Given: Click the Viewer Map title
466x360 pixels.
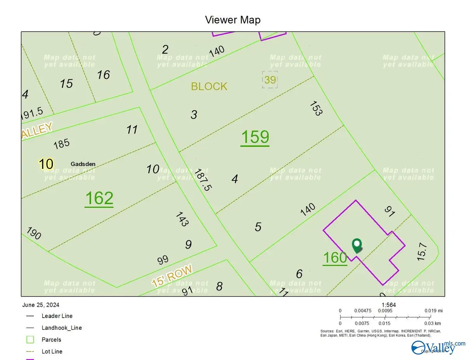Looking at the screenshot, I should click(x=233, y=20).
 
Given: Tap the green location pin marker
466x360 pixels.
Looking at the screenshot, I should click(x=357, y=245).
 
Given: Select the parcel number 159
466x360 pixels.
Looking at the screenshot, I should click(x=255, y=137).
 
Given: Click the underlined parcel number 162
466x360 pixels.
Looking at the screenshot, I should click(x=99, y=198).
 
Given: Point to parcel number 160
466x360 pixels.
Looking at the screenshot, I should click(x=335, y=257).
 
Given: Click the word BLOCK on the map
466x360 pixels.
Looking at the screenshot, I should click(x=209, y=86).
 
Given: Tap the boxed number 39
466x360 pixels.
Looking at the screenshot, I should click(x=270, y=80).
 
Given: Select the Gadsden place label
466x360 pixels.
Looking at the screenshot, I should click(x=83, y=164).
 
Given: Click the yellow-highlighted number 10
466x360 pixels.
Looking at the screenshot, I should click(x=46, y=163).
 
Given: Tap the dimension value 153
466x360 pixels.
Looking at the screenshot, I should click(x=316, y=108).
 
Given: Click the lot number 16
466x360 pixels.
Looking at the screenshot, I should click(x=103, y=75).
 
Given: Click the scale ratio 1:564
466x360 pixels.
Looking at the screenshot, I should click(x=389, y=305).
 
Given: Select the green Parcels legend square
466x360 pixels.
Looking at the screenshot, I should click(x=30, y=340).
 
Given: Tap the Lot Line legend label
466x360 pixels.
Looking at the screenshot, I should click(x=52, y=351).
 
